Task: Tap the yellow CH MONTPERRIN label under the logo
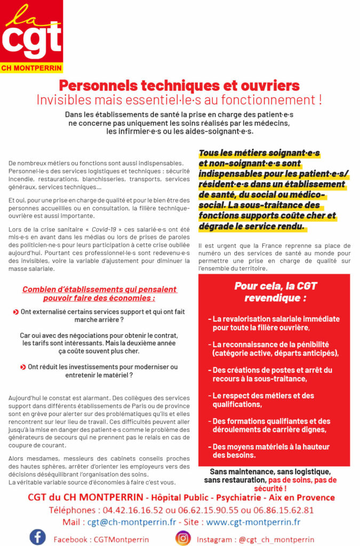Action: (x=31, y=68)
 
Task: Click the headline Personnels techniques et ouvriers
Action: (x=179, y=85)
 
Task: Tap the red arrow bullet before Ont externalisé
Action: (x=16, y=311)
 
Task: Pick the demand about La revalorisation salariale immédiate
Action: (x=275, y=323)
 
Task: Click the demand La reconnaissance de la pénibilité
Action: (x=275, y=349)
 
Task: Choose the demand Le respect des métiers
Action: (x=263, y=400)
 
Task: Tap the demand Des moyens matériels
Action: (x=270, y=451)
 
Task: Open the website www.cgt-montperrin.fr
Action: (x=253, y=522)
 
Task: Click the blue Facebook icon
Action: (x=37, y=537)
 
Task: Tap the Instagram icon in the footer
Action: (x=183, y=538)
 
